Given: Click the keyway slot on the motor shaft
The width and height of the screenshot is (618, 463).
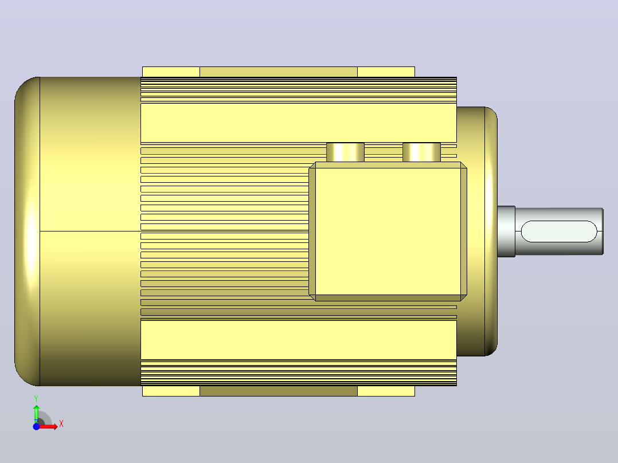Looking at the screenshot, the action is tap(559, 231).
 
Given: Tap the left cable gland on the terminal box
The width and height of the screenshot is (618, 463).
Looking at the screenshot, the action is tap(345, 152).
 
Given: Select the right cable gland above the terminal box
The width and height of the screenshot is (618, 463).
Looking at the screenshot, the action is tap(421, 152).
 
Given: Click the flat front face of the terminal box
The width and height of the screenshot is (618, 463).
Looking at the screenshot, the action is tap(388, 231).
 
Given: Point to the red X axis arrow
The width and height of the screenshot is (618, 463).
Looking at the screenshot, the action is tap(49, 426).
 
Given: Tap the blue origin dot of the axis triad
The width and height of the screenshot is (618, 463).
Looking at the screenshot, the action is tap(36, 426).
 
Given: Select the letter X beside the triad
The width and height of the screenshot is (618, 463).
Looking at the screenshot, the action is tap(61, 424).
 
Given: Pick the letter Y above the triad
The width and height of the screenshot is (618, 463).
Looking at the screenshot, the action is tap(36, 399).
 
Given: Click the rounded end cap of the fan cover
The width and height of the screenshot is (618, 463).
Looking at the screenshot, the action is tap(27, 231).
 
